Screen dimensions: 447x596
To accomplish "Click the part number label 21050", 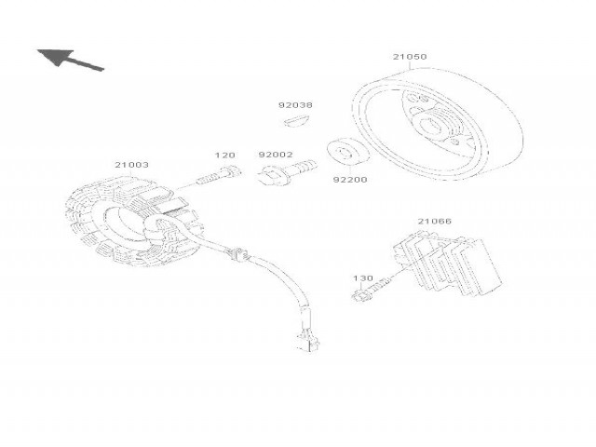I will click(410, 57).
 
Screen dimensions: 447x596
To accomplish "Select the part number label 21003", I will click(131, 165).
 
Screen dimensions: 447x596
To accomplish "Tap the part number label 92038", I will click(295, 105).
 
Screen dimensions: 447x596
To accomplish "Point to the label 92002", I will click(276, 155).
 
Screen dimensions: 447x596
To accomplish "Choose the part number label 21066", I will click(434, 222).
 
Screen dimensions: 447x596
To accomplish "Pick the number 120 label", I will click(224, 156).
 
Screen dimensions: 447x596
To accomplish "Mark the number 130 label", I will click(362, 278).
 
